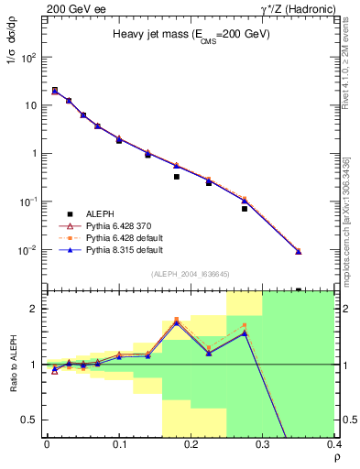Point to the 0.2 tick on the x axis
click(191, 444)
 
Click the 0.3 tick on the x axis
click(263, 444)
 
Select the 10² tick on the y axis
click(29, 57)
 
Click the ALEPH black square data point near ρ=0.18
click(176, 177)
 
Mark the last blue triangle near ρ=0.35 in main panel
click(298, 251)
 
